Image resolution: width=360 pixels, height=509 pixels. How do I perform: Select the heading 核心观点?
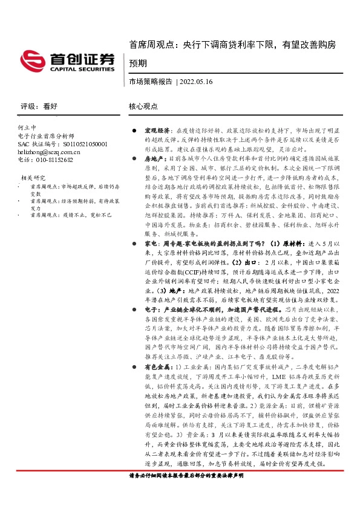pyautogui.click(x=143, y=106)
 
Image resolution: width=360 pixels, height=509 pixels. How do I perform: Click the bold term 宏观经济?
pyautogui.click(x=157, y=131)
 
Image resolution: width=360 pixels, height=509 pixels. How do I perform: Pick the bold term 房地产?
pyautogui.click(x=154, y=158)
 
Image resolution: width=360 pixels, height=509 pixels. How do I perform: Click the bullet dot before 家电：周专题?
pyautogui.click(x=136, y=242)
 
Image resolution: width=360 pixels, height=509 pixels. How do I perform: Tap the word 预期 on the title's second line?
pyautogui.click(x=138, y=63)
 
